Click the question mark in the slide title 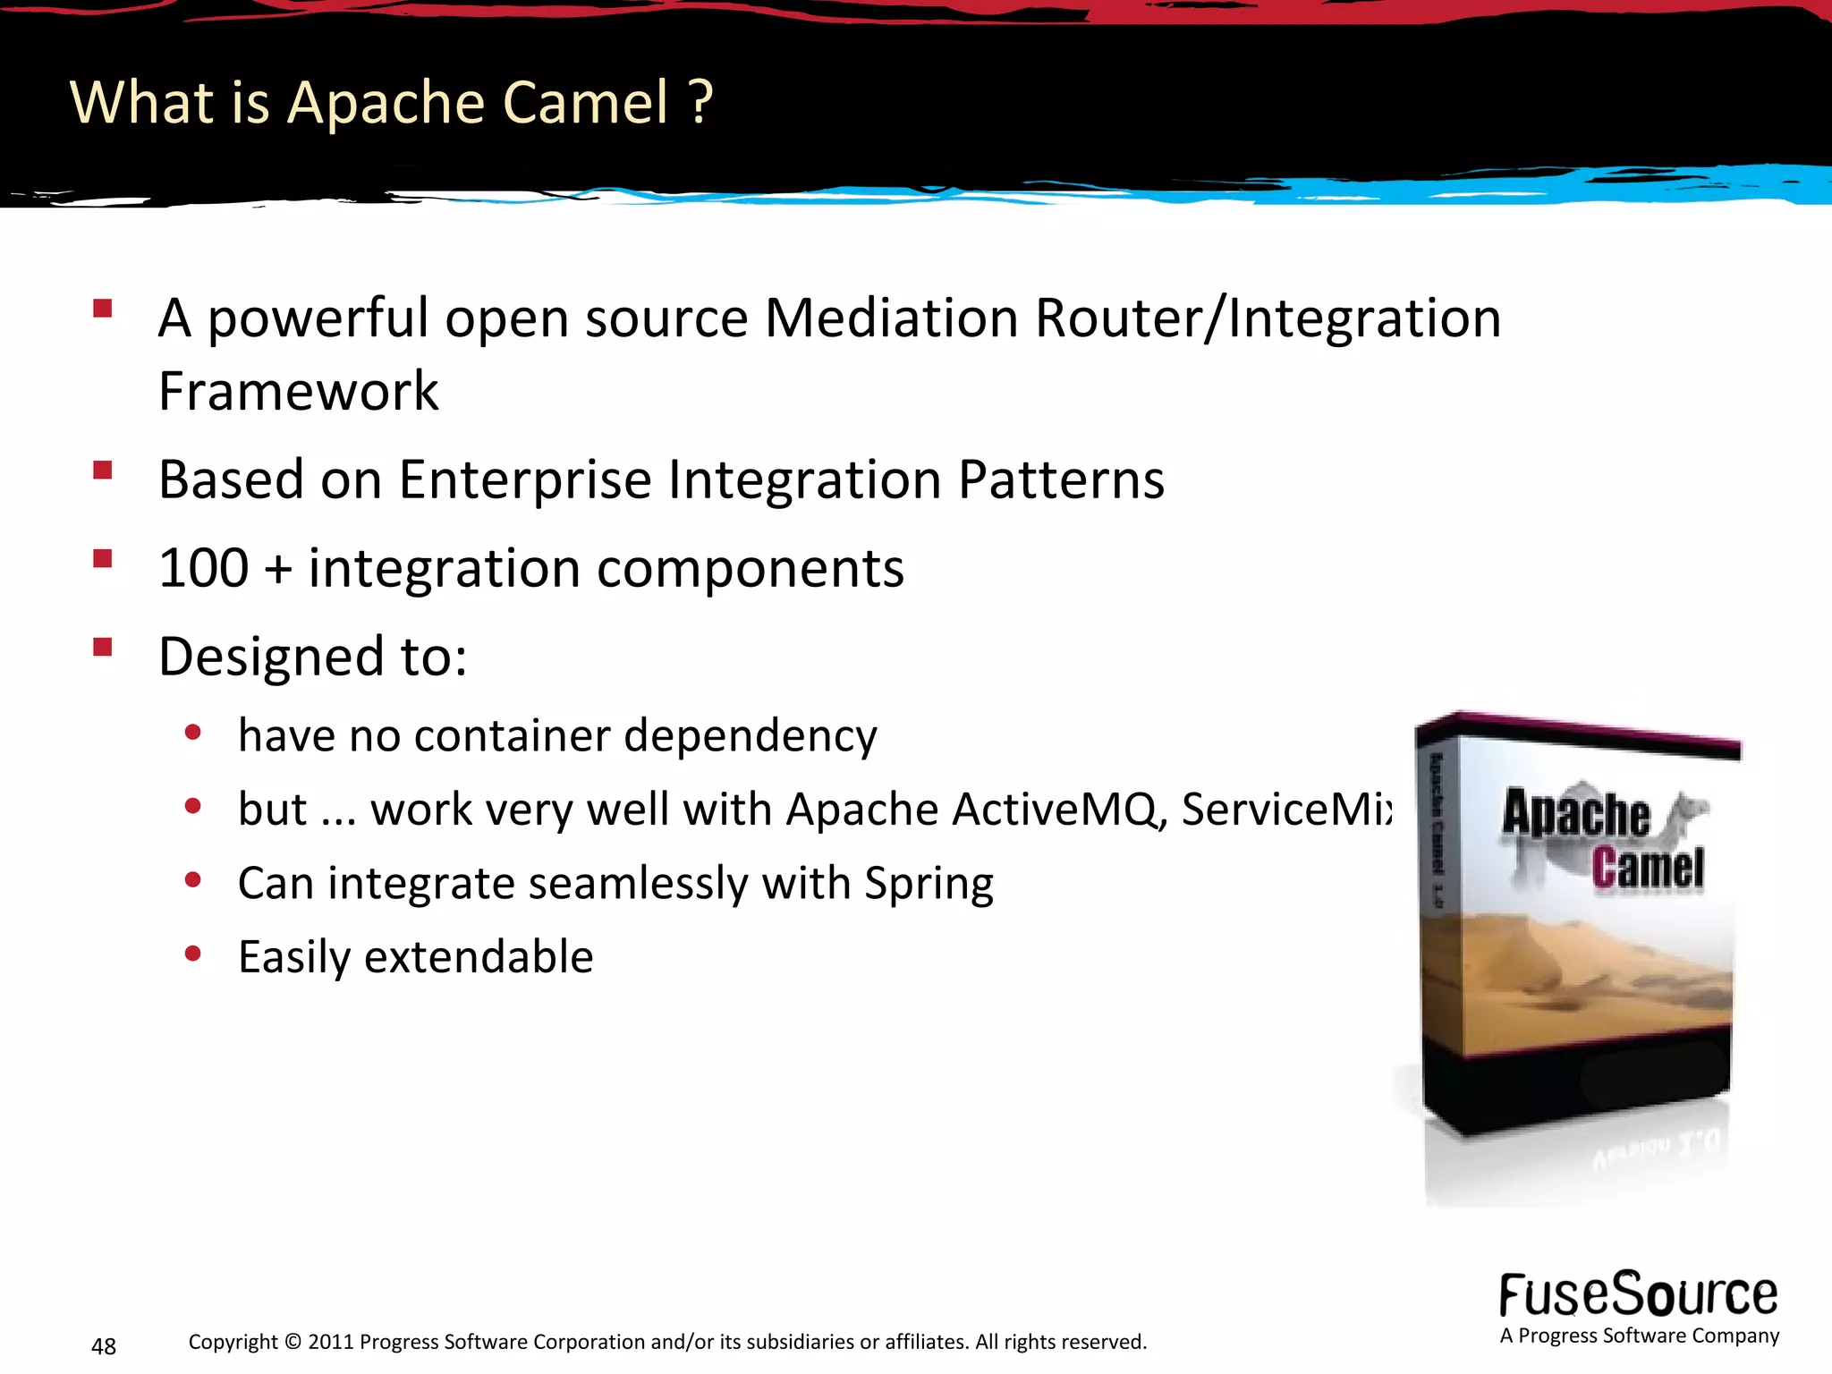click(701, 102)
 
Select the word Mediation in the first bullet click(891, 318)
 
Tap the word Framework click(299, 392)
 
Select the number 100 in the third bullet click(204, 569)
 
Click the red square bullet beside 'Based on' click(103, 470)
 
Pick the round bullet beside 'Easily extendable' click(192, 954)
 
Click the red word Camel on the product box click(1648, 868)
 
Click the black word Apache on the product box click(1576, 814)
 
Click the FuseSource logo click(1639, 1295)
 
